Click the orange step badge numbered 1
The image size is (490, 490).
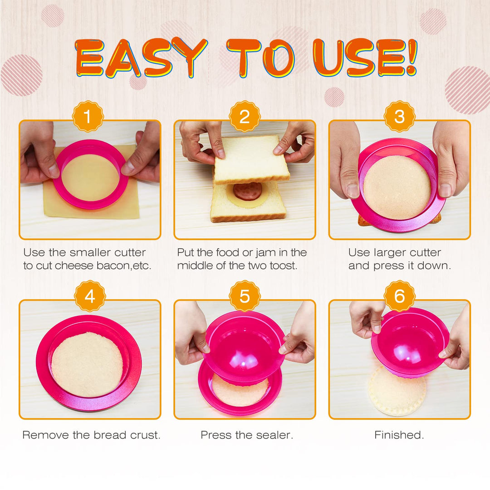pyautogui.click(x=88, y=117)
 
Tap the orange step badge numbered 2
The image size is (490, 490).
pyautogui.click(x=245, y=117)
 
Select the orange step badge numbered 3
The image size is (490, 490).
pyautogui.click(x=399, y=117)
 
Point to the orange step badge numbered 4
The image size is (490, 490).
pyautogui.click(x=90, y=296)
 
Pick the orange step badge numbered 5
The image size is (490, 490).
pyautogui.click(x=245, y=296)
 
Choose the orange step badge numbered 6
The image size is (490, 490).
pyautogui.click(x=399, y=296)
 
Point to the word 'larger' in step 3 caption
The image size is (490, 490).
pyautogui.click(x=390, y=253)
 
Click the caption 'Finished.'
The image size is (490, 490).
pyautogui.click(x=399, y=435)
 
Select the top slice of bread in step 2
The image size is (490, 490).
pyautogui.click(x=252, y=159)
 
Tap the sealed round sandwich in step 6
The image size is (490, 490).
pyautogui.click(x=397, y=392)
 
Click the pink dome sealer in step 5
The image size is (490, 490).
pyautogui.click(x=244, y=346)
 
